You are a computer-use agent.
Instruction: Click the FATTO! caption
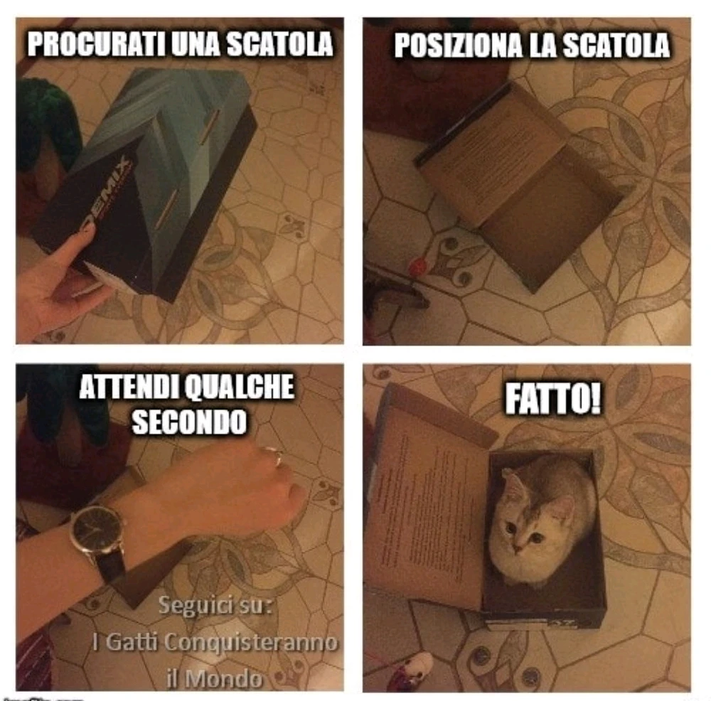tap(552, 400)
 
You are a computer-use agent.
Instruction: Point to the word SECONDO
tap(189, 422)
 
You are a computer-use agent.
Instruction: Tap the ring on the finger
tap(273, 456)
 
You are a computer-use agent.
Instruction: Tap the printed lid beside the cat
tap(427, 498)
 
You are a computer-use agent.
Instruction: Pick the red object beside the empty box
tap(417, 268)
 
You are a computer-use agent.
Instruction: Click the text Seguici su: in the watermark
tap(215, 606)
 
